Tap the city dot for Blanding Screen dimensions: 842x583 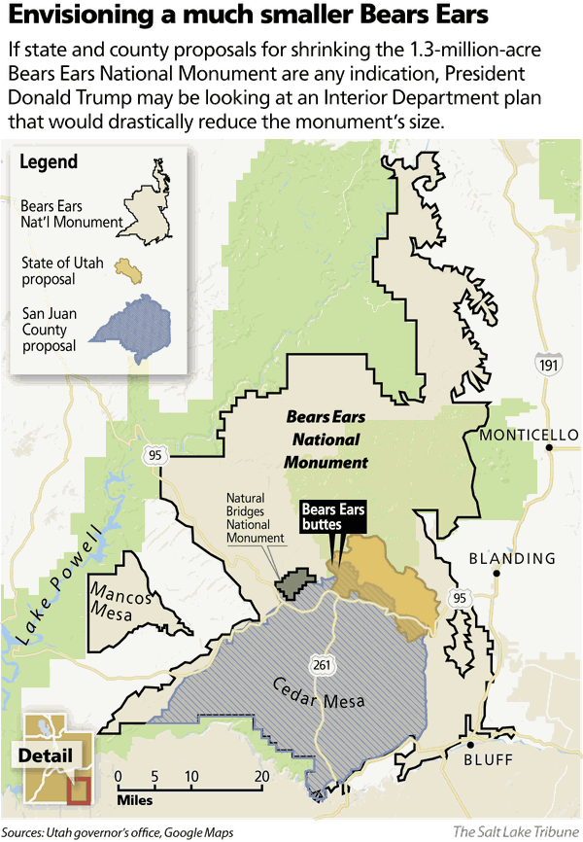[497, 574]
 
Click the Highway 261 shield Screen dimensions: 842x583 [322, 664]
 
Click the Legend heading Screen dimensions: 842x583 [50, 162]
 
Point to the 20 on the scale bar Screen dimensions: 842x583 [261, 776]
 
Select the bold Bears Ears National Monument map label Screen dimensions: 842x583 [326, 439]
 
